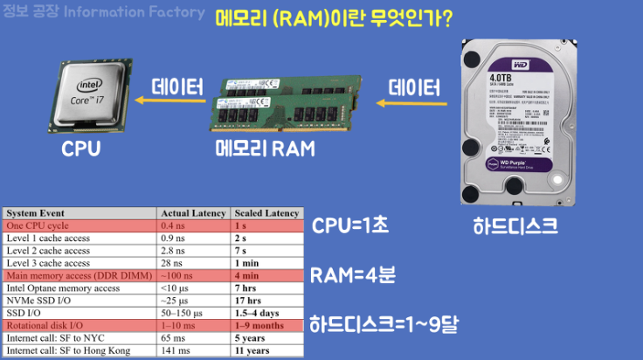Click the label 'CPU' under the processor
(80, 149)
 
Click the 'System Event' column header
(36, 212)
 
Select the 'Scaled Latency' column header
(266, 212)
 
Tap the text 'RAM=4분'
(353, 275)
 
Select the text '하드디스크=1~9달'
(385, 326)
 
